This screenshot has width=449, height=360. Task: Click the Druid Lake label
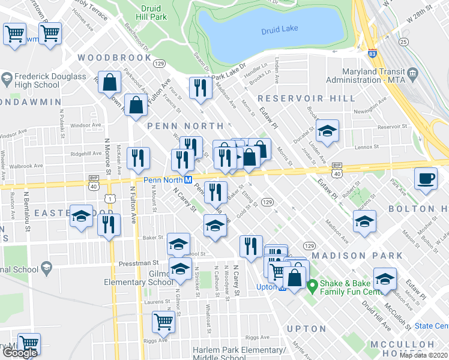pyautogui.click(x=280, y=30)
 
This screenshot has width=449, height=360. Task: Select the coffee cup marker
pyautogui.click(x=426, y=179)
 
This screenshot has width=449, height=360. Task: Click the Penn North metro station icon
pyautogui.click(x=188, y=180)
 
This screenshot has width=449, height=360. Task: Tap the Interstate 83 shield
pyautogui.click(x=373, y=54)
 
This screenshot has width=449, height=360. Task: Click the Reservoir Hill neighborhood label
pyautogui.click(x=299, y=98)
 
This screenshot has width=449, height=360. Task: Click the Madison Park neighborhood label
pyautogui.click(x=366, y=256)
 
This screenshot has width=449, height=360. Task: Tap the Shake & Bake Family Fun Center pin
pyautogui.click(x=312, y=284)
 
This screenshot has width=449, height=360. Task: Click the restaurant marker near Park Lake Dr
pyautogui.click(x=199, y=88)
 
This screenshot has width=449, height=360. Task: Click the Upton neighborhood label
pyautogui.click(x=307, y=329)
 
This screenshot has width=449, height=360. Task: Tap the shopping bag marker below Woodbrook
pyautogui.click(x=111, y=84)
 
